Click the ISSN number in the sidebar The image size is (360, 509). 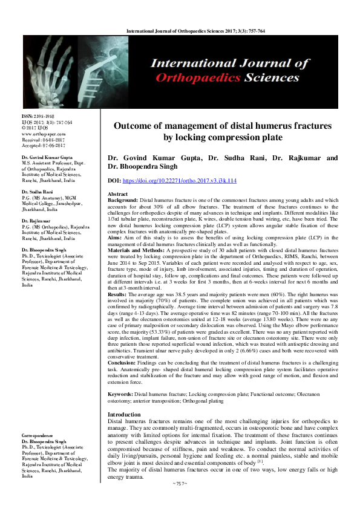tap(38, 115)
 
